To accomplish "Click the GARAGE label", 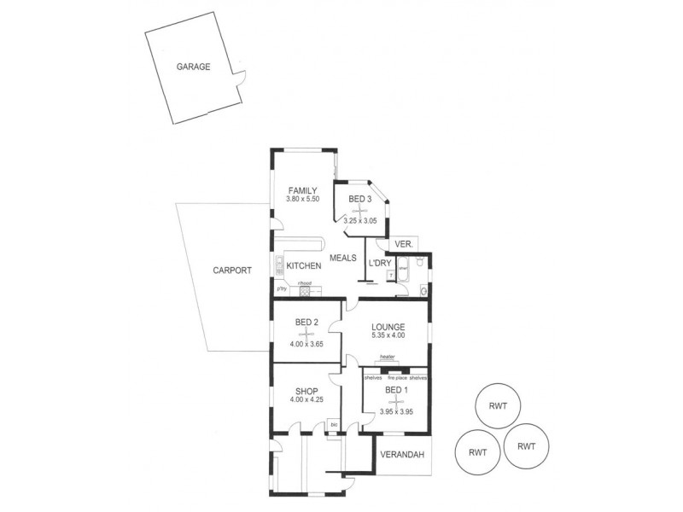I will [193, 67].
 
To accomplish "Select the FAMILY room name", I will [302, 190].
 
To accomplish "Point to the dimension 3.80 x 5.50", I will [302, 200].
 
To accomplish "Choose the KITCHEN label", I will [303, 265].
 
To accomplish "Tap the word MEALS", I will [343, 258].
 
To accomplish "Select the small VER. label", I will [405, 244].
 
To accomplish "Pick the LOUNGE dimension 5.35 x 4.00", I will [388, 335].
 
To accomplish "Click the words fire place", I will [395, 377].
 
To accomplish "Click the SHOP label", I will [306, 392].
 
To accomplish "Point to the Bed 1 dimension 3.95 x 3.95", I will [394, 411].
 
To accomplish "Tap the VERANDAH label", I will [403, 455].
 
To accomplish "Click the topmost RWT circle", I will [498, 406].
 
